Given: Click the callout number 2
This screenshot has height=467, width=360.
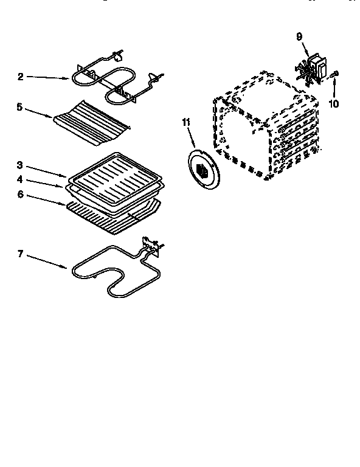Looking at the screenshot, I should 20,77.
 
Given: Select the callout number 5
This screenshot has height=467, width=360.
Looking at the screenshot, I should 20,106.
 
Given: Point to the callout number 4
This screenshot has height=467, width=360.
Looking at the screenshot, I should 20,180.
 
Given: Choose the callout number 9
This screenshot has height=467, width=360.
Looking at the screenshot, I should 299,37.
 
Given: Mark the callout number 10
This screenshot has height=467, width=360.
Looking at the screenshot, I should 333,103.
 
